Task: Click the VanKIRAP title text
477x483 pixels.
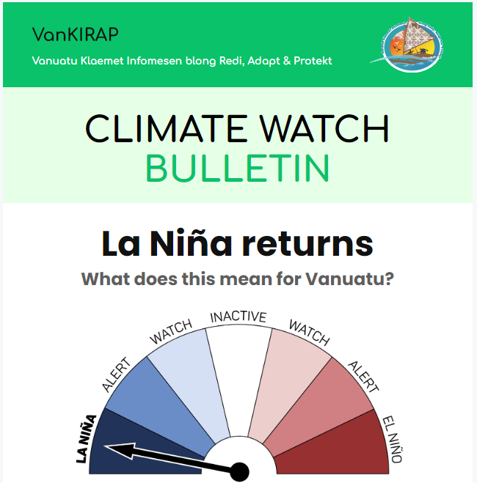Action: pos(76,34)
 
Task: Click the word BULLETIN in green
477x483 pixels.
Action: pos(238,168)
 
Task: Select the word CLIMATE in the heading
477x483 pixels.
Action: pos(167,128)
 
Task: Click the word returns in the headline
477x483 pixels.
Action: pos(307,244)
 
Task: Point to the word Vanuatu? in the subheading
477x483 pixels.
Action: pos(349,279)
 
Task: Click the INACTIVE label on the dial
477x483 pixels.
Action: pos(238,317)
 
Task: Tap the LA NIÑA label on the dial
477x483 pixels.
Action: pos(86,439)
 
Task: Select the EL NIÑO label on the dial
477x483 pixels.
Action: pos(393,440)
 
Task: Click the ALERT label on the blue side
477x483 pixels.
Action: pos(116,375)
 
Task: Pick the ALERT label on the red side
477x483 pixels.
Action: pos(363,377)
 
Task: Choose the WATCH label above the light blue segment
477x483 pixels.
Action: pos(171,331)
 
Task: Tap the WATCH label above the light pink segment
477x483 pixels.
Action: pos(309,332)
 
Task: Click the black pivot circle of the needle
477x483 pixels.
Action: pos(239,471)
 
